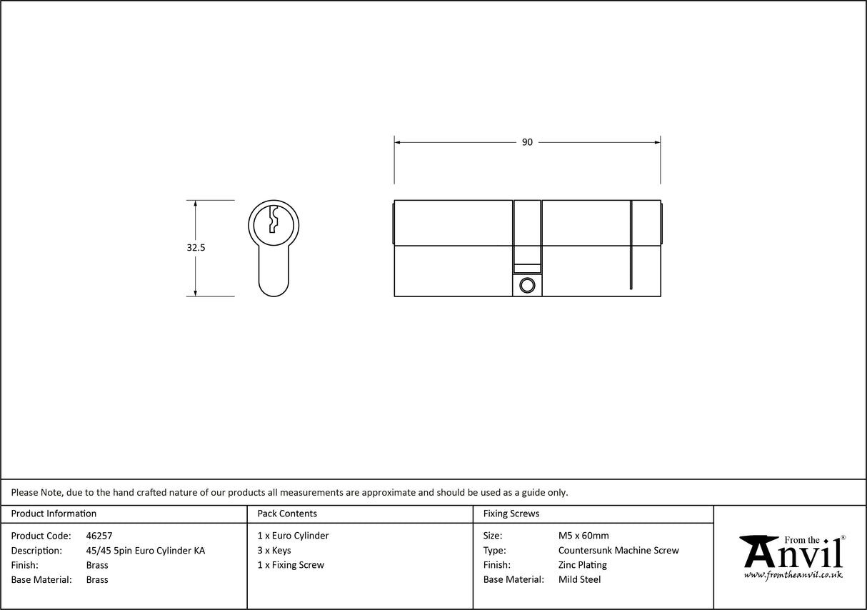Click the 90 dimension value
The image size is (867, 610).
[527, 142]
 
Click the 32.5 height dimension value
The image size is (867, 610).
[196, 248]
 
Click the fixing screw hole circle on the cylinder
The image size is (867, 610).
[527, 286]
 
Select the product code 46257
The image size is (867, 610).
[99, 536]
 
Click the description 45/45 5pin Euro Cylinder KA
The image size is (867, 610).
[145, 551]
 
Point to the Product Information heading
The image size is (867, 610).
[54, 514]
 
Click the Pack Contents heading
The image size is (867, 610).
[287, 514]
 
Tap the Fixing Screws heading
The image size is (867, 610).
[511, 514]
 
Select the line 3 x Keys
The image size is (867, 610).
[274, 551]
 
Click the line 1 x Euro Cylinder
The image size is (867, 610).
[293, 536]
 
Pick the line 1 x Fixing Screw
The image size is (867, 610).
[291, 565]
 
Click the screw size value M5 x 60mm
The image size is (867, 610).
[583, 536]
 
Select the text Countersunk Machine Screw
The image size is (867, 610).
[618, 551]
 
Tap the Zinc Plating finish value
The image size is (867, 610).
[583, 565]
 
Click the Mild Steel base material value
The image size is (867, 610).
[579, 579]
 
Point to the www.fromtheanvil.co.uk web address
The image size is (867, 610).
[793, 575]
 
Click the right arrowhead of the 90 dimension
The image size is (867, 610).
[656, 142]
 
